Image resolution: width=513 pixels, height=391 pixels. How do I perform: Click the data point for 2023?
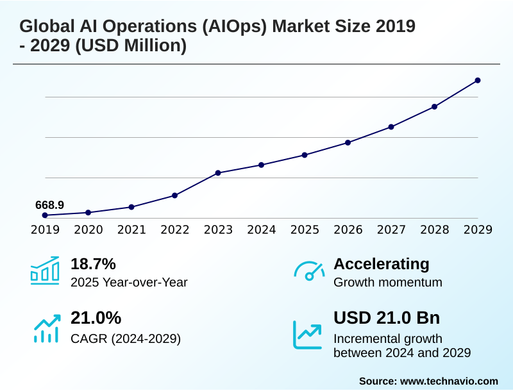tap(218, 173)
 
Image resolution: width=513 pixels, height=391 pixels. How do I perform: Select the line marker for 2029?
tap(478, 80)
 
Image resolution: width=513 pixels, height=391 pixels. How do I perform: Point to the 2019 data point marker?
tap(45, 215)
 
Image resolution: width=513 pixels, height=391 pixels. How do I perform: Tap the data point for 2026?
tap(348, 142)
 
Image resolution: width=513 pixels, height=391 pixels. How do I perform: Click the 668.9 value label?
tap(49, 205)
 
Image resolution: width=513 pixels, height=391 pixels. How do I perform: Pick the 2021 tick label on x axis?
tap(131, 229)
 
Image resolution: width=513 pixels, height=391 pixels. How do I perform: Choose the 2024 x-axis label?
tap(262, 229)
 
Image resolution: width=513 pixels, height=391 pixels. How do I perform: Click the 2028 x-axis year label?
tap(435, 229)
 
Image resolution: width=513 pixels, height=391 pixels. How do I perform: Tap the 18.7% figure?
tap(93, 263)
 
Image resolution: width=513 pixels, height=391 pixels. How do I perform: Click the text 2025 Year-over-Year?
tap(129, 282)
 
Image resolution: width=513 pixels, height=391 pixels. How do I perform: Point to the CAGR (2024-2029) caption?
tap(126, 338)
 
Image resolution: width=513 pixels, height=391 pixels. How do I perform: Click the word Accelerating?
tap(382, 263)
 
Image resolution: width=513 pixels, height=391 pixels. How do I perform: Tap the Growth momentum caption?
tap(388, 282)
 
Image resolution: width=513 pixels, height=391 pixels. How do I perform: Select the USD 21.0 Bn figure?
tap(387, 318)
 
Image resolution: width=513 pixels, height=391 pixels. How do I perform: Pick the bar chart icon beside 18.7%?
tap(45, 270)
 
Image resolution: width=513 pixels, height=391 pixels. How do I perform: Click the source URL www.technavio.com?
tap(449, 381)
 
